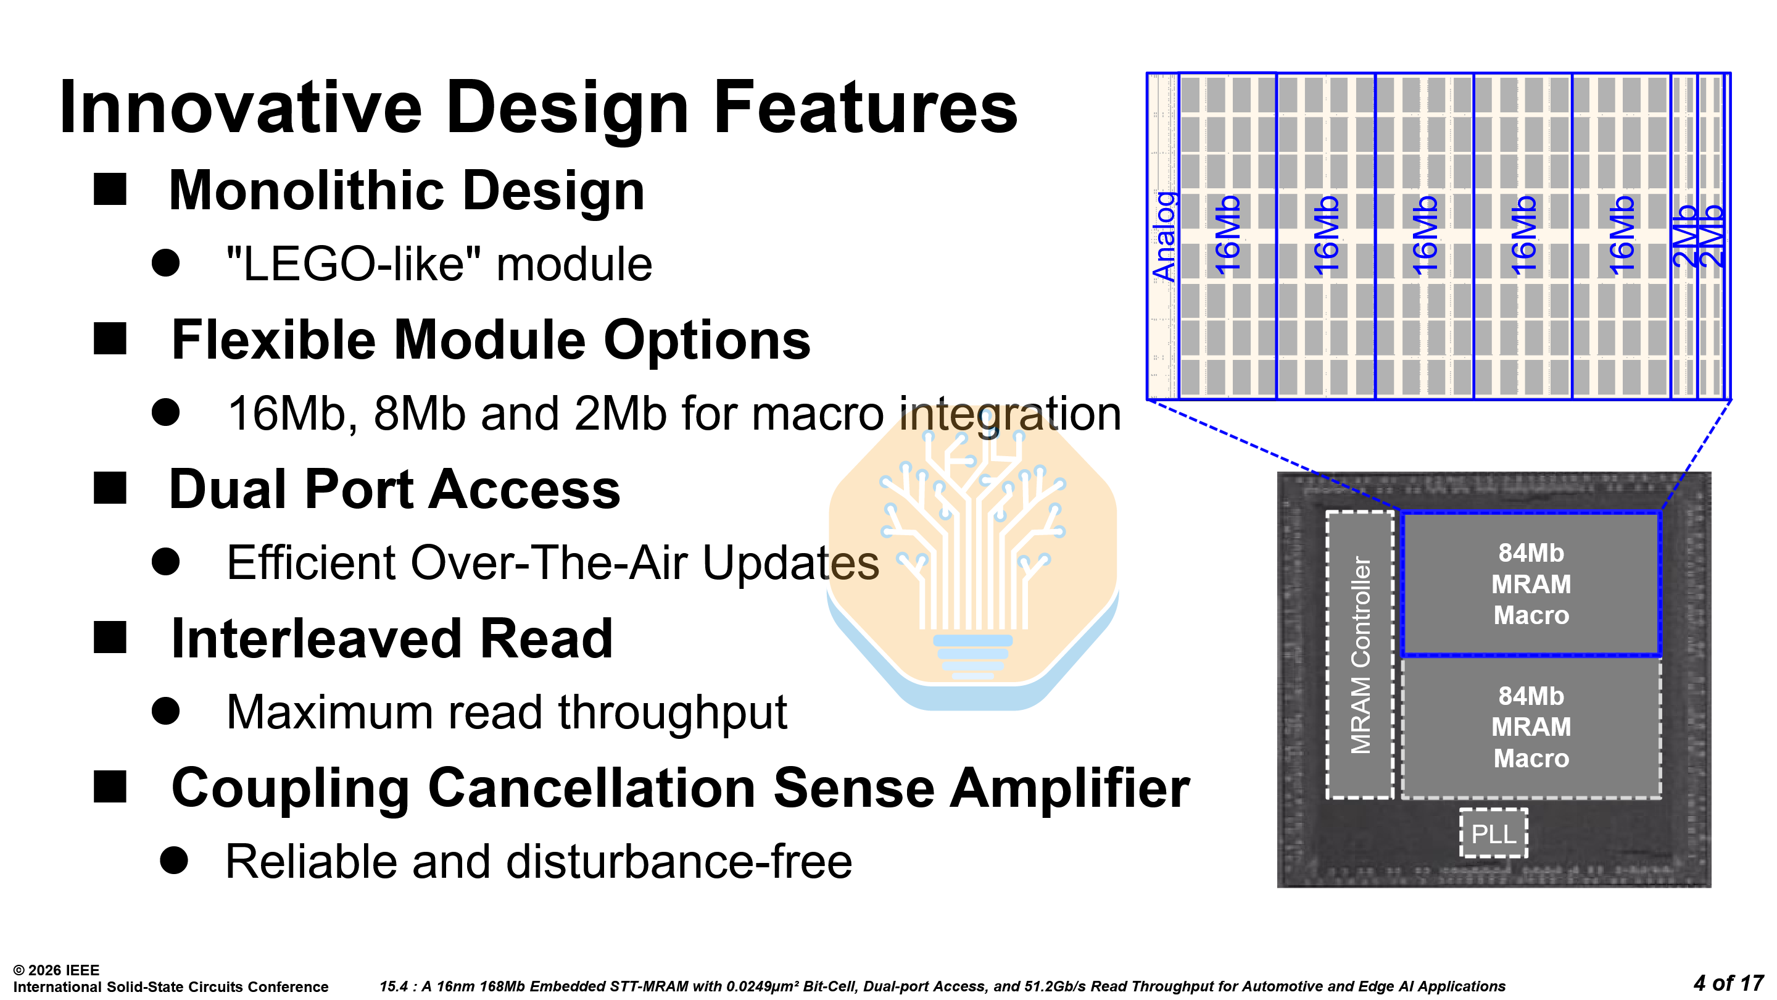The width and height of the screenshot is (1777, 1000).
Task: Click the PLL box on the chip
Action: [x=1493, y=834]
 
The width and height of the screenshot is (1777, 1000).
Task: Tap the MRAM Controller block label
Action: [x=1361, y=655]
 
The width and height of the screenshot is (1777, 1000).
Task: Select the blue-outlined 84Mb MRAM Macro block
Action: [x=1531, y=584]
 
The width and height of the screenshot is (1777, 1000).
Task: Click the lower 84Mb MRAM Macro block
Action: [x=1531, y=727]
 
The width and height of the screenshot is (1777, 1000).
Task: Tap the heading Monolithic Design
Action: [x=407, y=191]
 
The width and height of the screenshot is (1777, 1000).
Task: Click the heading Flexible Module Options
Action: [x=491, y=340]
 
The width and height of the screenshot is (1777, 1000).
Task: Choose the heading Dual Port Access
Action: [x=395, y=490]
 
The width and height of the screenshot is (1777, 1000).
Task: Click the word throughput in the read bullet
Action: [x=672, y=712]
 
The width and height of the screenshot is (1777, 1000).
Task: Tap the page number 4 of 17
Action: [x=1728, y=983]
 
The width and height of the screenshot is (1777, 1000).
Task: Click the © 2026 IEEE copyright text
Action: [x=57, y=970]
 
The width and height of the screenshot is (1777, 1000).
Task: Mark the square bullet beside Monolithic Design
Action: [x=110, y=189]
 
